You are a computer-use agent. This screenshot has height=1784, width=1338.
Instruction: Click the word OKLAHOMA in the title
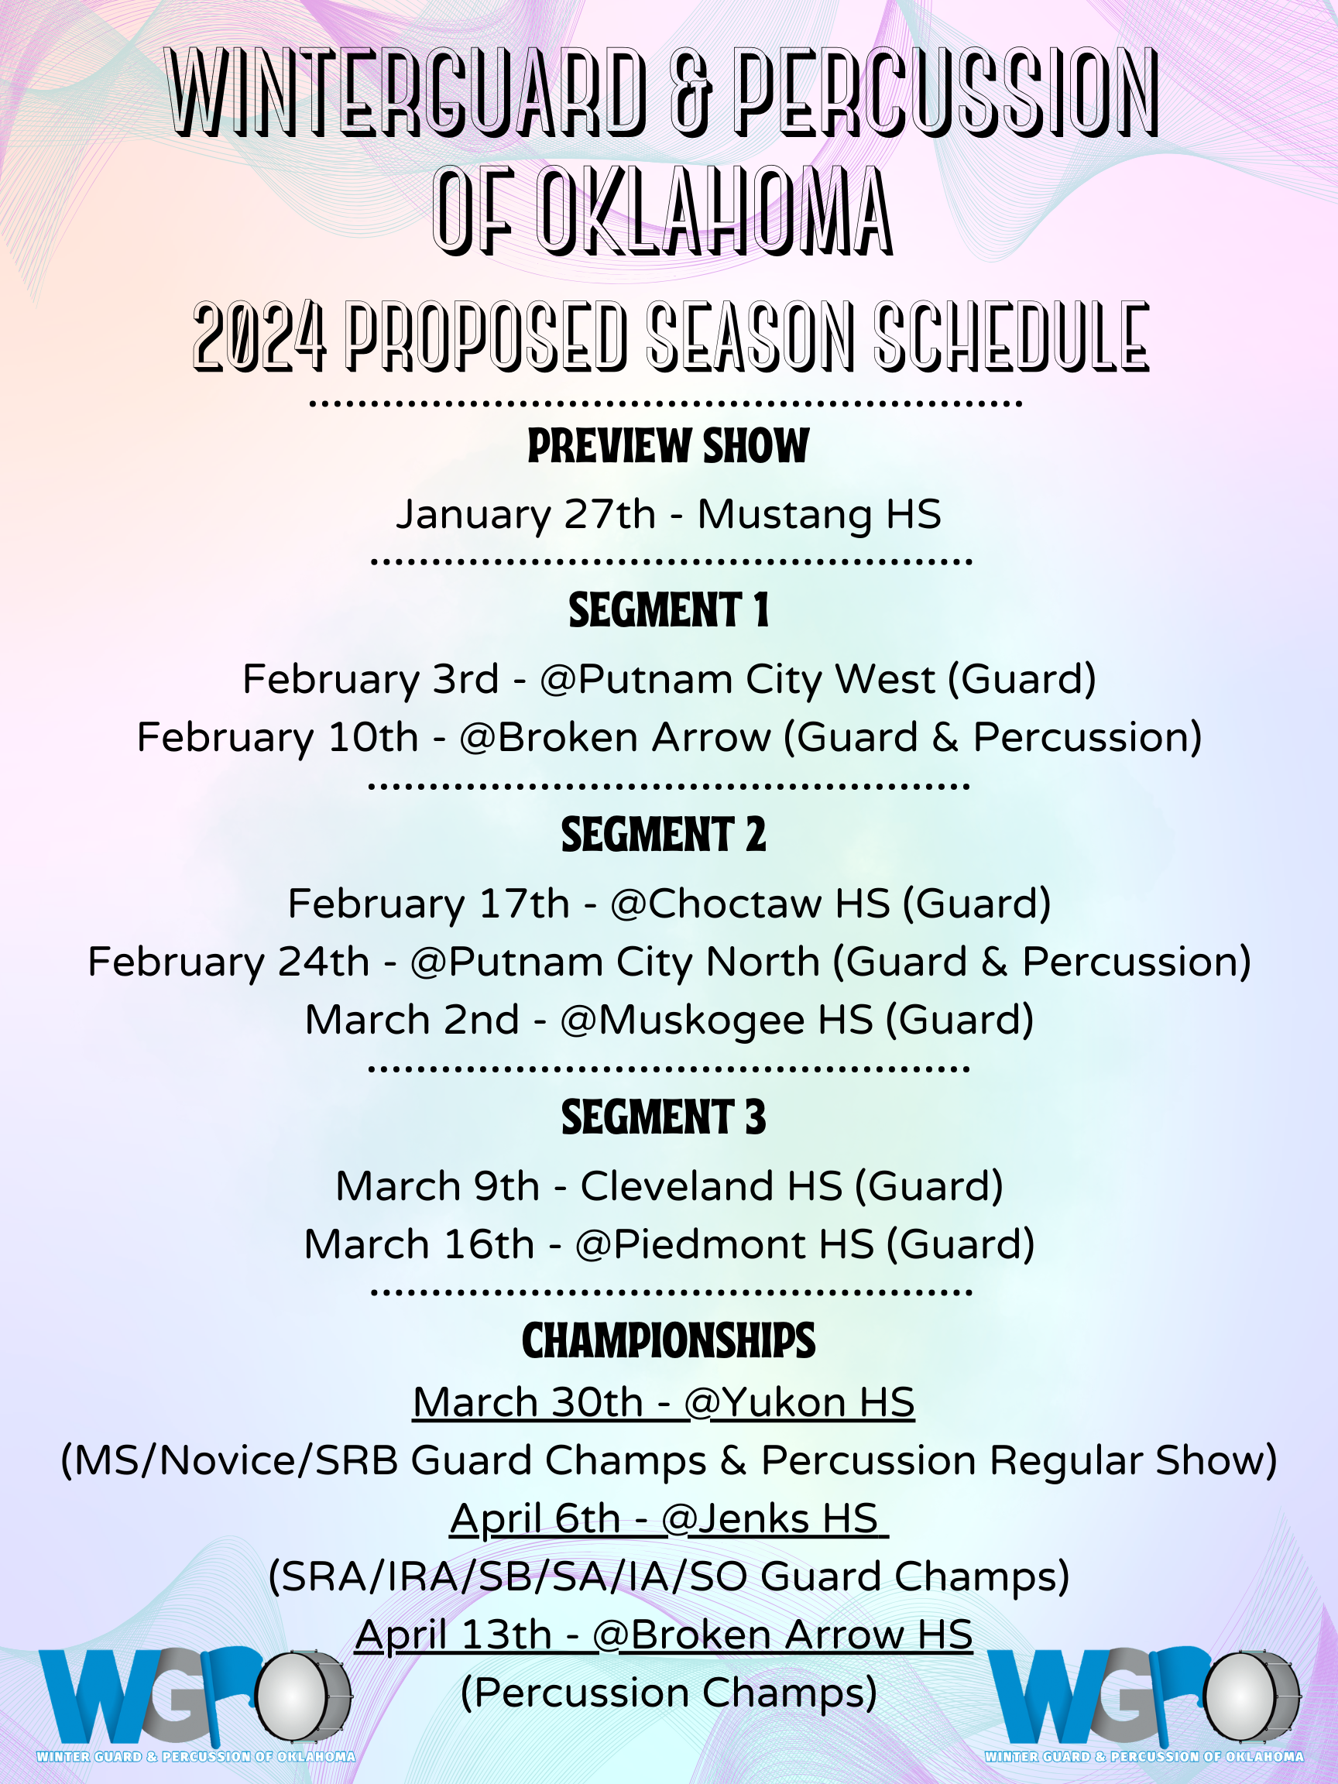[715, 211]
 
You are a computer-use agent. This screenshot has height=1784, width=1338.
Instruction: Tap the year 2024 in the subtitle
[259, 336]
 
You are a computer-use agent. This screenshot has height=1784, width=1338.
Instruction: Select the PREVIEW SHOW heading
[668, 446]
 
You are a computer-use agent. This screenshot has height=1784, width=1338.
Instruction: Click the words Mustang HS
[819, 516]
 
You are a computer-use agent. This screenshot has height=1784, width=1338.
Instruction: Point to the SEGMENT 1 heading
[668, 609]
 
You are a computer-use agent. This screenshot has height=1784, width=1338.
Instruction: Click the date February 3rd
[370, 680]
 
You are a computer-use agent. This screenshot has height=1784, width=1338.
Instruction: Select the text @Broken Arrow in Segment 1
[615, 737]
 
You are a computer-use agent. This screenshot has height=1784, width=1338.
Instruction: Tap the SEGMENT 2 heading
[664, 834]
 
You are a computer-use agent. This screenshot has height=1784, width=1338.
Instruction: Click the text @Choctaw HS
[750, 904]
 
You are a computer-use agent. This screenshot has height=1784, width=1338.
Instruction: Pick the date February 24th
[228, 962]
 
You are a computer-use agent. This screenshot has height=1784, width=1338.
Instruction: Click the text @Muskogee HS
[717, 1021]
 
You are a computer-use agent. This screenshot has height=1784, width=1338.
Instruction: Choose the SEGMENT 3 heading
[664, 1117]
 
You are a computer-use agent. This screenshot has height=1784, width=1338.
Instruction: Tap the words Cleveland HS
[712, 1186]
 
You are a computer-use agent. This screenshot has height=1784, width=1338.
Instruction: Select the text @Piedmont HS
[724, 1244]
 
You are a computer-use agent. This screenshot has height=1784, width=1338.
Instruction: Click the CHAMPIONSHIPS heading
[668, 1340]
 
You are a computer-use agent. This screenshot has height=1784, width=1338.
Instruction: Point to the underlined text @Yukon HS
[799, 1402]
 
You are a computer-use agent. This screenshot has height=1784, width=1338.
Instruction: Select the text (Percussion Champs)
[668, 1693]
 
